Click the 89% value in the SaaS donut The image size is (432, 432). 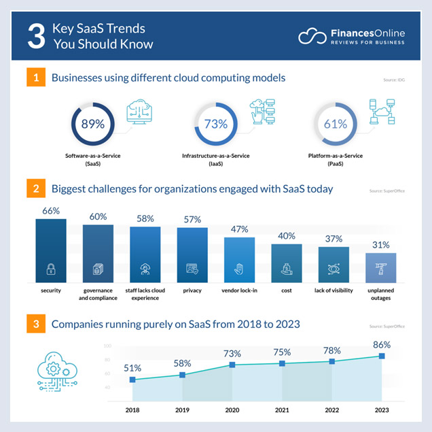point(92,124)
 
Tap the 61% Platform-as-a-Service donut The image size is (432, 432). point(335,124)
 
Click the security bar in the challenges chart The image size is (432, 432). point(51,250)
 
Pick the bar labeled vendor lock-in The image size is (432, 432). point(239,259)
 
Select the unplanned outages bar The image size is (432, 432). point(380,267)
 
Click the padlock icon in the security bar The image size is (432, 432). point(51,269)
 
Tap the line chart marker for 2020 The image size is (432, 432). point(232,365)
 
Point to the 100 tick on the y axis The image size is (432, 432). point(107,346)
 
